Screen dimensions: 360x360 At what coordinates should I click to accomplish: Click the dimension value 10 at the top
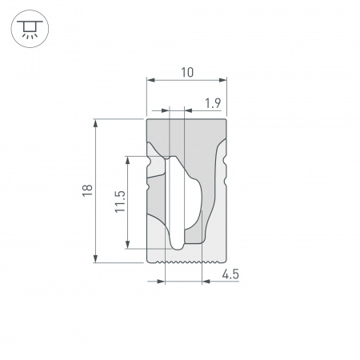tap(186, 73)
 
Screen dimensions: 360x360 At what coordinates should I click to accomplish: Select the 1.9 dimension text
tap(213, 102)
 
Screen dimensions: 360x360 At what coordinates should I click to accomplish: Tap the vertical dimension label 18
tap(87, 190)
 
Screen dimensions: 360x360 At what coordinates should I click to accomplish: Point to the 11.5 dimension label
tap(119, 202)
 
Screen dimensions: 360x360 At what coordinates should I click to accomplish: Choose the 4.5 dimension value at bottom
tap(230, 274)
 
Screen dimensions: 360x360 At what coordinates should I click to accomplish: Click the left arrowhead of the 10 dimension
tap(150, 81)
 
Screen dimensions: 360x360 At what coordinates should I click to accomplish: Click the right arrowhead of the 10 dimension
tap(224, 81)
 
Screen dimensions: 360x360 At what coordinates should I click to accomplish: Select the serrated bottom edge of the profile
tap(186, 261)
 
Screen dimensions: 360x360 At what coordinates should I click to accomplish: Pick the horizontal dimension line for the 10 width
tap(186, 81)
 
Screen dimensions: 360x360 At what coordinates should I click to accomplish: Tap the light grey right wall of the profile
tap(218, 208)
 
